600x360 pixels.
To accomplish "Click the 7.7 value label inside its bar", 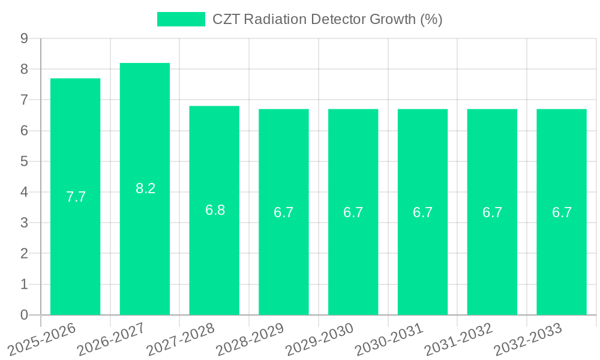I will (76, 197).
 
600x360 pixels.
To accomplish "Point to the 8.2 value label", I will (145, 188).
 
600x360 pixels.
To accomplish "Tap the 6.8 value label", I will (215, 210).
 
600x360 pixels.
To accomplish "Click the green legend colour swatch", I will (181, 19).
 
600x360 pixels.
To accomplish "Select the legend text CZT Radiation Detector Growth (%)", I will (328, 19).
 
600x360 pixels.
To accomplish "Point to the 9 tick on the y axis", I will (24, 38).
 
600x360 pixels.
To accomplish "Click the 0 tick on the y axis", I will (24, 315).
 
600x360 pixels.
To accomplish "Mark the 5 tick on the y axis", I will (24, 161).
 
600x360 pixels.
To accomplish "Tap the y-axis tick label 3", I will (24, 223).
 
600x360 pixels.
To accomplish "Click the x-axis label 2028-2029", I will (250, 339).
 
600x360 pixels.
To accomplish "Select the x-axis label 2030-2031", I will (389, 339).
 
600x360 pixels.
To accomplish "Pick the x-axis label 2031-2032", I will (459, 339).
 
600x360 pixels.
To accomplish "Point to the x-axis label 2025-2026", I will (42, 339).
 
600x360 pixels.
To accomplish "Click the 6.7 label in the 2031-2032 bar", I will (492, 212).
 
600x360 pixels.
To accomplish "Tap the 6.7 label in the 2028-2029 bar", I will (283, 212).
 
